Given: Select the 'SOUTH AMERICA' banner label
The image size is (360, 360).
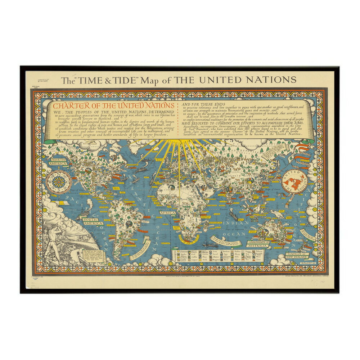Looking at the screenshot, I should coord(93,221).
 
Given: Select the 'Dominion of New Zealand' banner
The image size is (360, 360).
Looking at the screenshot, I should coord(297,256).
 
